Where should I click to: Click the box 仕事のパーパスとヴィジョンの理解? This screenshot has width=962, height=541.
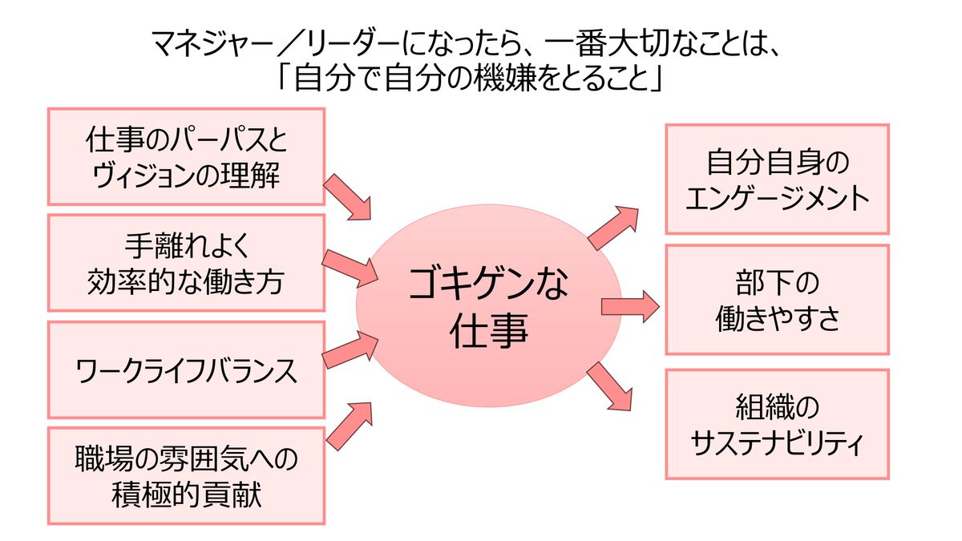coord(186,157)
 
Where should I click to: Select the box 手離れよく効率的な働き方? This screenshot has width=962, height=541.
coord(186,262)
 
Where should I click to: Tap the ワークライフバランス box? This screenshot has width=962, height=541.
coord(186,369)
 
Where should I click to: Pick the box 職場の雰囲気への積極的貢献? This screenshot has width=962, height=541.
coord(186,476)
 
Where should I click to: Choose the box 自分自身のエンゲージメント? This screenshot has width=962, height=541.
coord(777,179)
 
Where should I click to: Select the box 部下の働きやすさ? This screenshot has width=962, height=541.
coord(777,299)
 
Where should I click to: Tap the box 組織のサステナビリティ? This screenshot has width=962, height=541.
coord(777,424)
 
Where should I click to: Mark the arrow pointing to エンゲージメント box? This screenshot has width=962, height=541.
coord(612,226)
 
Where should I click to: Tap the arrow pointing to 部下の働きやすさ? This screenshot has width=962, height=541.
coord(629,306)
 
